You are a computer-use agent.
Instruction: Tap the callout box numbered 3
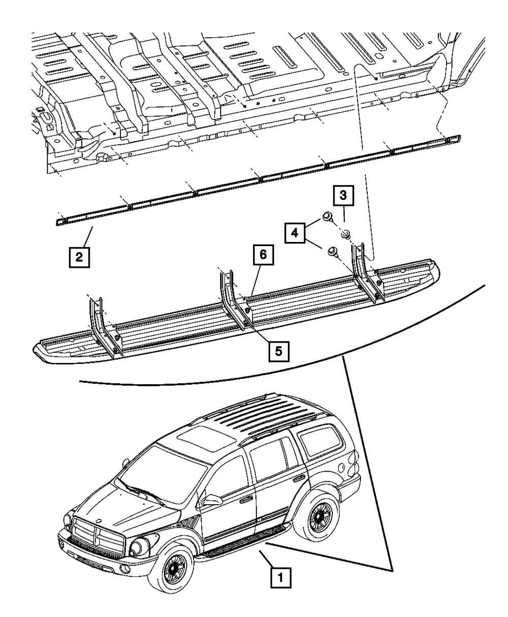[x=343, y=196]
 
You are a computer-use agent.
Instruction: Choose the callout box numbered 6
[x=263, y=257]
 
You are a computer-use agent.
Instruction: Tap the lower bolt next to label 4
[x=334, y=251]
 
